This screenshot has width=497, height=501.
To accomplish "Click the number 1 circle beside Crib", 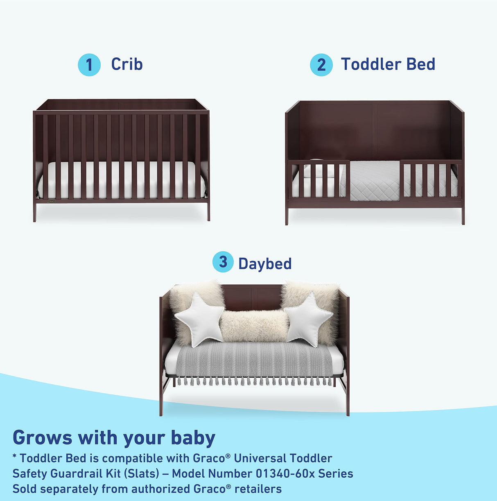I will pos(89,65).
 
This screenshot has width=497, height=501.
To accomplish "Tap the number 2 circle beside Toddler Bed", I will pos(321,65).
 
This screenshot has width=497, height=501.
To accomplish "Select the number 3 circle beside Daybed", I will pos(223,262).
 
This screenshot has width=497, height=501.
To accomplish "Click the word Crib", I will pos(127,64).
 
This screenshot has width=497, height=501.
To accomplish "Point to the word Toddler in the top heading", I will pos(365,64).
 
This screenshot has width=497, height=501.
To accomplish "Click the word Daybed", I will pos(265,264).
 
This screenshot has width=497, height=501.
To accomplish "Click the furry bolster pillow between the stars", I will pos(254,326).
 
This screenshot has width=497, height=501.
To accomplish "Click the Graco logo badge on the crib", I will pos(52,201).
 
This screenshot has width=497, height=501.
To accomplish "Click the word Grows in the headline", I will pos(42,438).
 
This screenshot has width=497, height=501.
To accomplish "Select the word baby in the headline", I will pos(193,438).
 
